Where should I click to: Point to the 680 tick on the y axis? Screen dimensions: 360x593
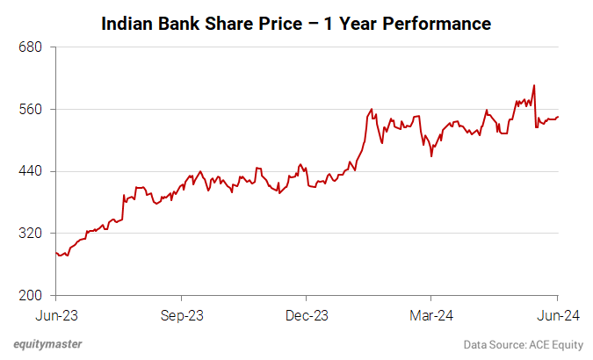32,47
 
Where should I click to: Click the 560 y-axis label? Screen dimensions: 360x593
32,110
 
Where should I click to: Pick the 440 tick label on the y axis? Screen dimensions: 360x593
32,171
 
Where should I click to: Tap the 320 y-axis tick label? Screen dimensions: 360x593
32,234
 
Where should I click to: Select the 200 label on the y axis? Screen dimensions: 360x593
32,295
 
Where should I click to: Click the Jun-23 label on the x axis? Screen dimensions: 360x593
55,314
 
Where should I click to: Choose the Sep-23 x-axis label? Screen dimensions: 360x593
181,314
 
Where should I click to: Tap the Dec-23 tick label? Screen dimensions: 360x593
307,314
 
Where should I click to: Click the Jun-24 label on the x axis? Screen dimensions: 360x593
558,314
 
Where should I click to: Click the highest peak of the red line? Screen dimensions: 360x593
534,86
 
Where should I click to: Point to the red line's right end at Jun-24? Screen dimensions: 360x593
558,117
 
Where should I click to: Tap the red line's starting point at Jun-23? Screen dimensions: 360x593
56,253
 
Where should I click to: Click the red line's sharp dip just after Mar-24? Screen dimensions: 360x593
431,155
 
